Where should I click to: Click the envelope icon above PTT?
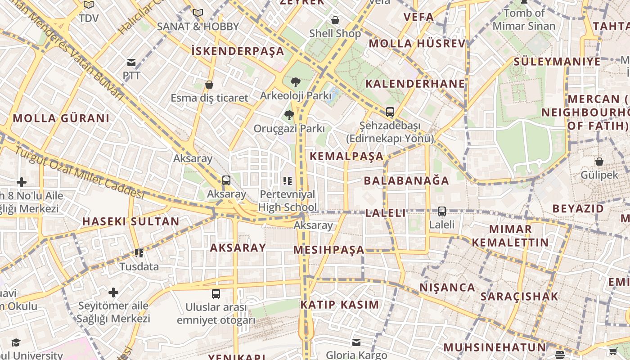[131, 63]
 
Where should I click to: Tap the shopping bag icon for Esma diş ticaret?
[209, 85]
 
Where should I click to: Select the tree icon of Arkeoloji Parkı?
[296, 82]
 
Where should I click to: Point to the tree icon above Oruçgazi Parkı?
[289, 115]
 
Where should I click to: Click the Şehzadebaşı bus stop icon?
[390, 112]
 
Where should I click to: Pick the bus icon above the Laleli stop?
[442, 211]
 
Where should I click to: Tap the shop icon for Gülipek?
[599, 162]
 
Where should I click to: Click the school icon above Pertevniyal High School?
[288, 181]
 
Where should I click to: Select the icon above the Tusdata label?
[139, 253]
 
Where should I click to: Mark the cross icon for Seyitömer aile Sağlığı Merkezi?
[113, 293]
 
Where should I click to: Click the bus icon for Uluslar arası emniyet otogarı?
[216, 294]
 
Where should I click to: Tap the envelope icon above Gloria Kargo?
[356, 342]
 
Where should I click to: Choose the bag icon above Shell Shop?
[335, 20]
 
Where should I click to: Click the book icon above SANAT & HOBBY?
[198, 13]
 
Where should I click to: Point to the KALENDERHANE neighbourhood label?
[415, 84]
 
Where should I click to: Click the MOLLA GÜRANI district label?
[61, 118]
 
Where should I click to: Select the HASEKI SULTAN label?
[131, 221]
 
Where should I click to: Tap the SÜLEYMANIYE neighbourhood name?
[557, 61]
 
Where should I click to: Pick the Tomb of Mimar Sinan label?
[524, 19]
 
